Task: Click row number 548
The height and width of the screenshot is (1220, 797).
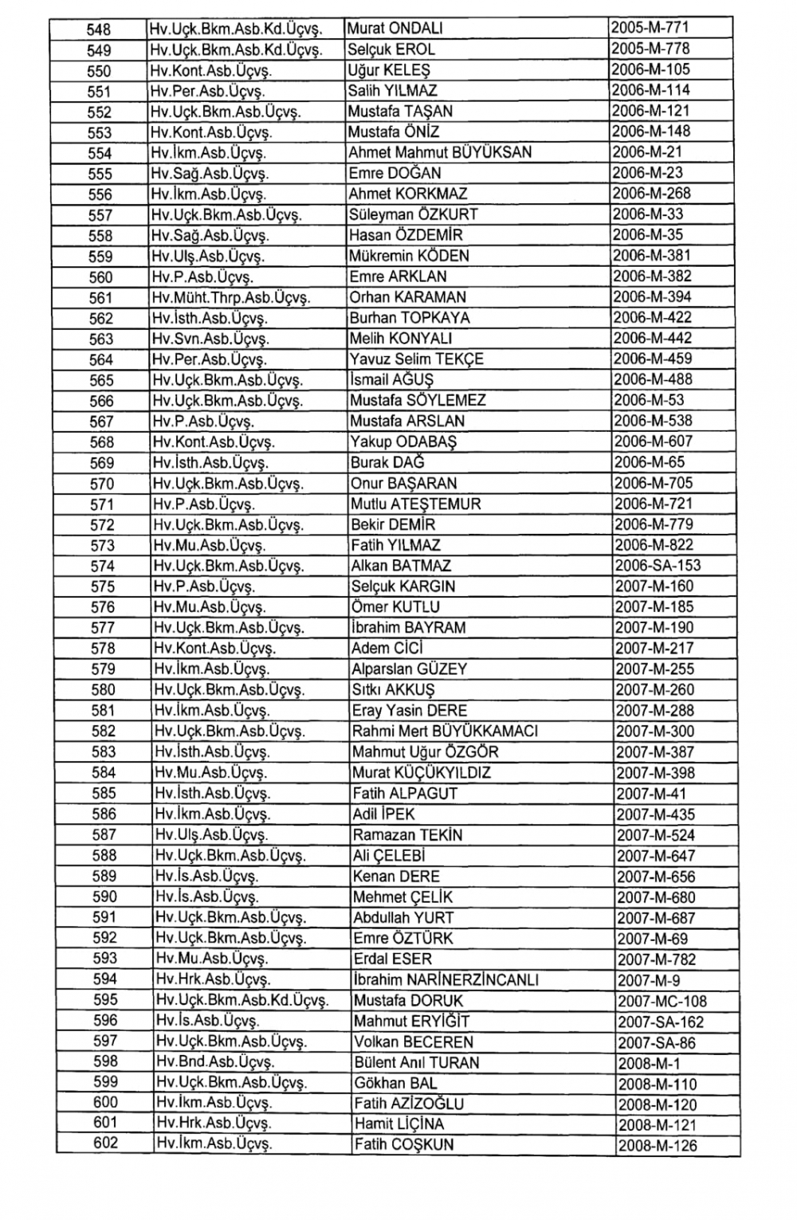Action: (99, 29)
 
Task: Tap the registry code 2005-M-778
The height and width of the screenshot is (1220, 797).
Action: (650, 49)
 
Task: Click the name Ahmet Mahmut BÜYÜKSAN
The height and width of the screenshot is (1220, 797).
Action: (440, 152)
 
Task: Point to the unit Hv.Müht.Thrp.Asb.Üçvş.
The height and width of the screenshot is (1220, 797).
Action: (230, 297)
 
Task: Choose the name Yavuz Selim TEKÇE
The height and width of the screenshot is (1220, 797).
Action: (416, 359)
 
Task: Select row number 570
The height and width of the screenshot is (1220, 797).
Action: (102, 484)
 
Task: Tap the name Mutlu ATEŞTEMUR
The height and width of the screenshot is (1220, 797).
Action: (415, 504)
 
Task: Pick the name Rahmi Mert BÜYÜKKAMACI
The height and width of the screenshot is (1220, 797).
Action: (445, 731)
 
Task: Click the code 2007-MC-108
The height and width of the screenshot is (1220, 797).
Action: (662, 1002)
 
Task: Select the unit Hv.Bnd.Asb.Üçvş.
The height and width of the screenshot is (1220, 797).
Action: (214, 1062)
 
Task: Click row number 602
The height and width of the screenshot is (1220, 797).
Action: (105, 1144)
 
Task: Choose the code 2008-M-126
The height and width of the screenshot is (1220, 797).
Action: (657, 1146)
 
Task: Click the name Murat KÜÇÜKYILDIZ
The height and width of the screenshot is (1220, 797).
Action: (422, 772)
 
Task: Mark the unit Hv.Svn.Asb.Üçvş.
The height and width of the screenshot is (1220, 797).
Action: (209, 339)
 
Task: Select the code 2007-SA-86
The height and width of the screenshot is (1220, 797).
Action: (656, 1042)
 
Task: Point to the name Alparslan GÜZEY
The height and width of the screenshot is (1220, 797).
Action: (409, 669)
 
